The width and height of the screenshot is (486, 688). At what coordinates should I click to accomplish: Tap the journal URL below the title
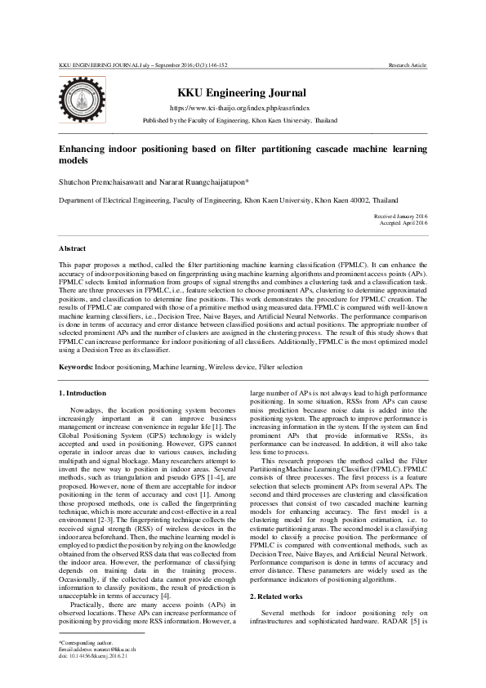pos(239,107)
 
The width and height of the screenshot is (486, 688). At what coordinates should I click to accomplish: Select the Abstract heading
pos(73,247)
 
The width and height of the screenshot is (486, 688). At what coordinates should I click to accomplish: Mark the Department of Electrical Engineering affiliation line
pos(228,199)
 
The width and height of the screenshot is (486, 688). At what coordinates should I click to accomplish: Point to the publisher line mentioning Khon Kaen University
pos(239,118)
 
